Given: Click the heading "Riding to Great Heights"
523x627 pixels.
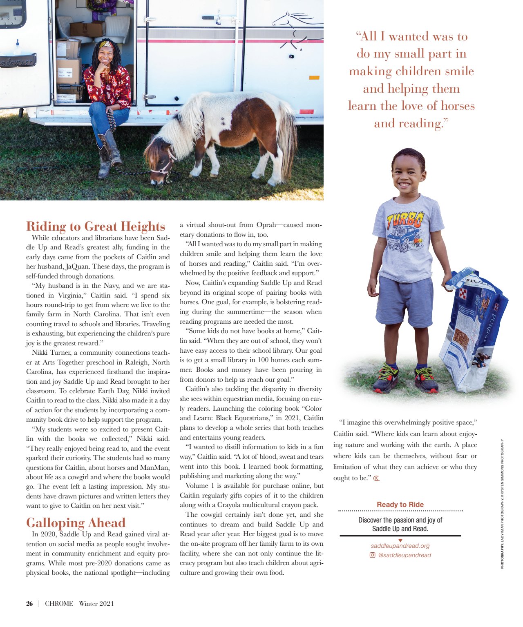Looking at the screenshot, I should (x=96, y=226).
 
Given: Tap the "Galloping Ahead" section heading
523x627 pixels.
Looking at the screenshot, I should (x=76, y=522).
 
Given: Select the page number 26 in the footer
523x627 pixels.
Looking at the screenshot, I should (x=29, y=603).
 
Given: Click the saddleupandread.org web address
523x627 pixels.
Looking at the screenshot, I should (x=400, y=546).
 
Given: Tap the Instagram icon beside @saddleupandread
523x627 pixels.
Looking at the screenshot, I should (x=372, y=555).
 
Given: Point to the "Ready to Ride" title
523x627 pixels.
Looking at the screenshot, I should (x=400, y=505).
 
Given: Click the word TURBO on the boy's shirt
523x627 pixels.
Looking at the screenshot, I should (x=405, y=220).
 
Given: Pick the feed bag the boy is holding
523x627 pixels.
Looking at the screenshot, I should (x=474, y=327).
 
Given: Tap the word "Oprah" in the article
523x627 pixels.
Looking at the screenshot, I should (x=266, y=225).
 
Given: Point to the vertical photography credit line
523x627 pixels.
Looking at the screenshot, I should (x=502, y=504).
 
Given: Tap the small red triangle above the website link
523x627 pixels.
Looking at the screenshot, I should (x=400, y=540).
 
